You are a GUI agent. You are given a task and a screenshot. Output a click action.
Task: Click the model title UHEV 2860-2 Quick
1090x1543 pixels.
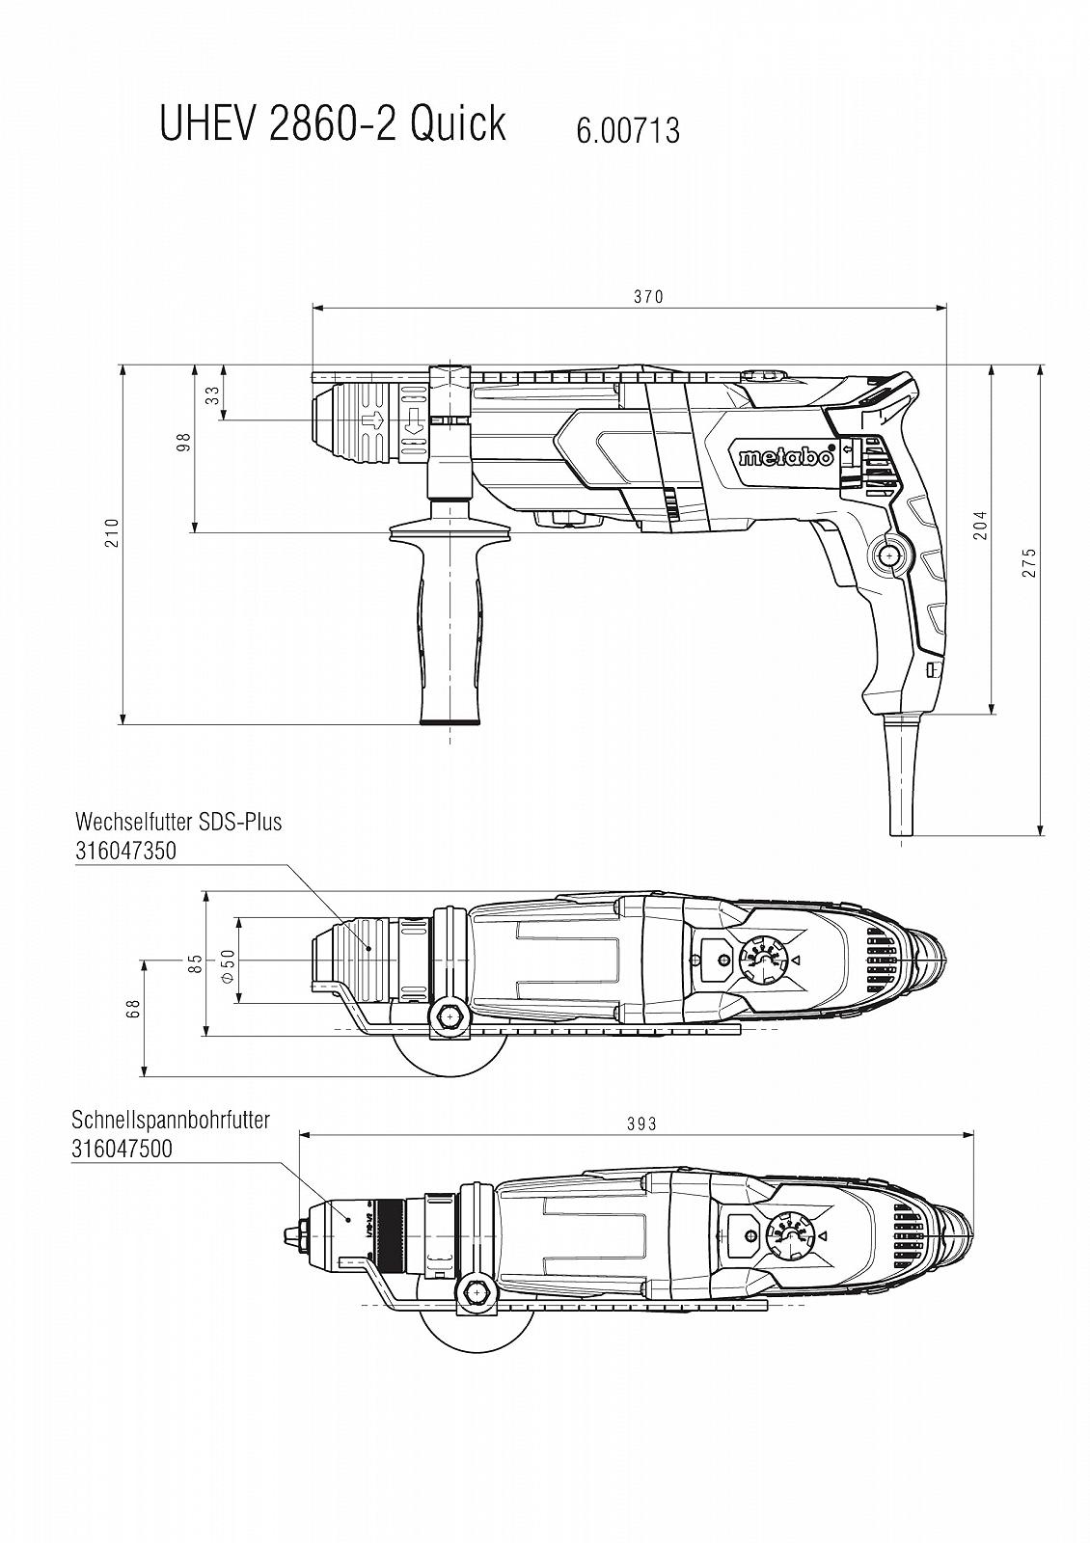[332, 124]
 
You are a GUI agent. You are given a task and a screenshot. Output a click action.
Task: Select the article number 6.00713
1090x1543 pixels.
[627, 130]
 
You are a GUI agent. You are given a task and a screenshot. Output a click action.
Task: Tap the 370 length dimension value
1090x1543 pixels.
[648, 297]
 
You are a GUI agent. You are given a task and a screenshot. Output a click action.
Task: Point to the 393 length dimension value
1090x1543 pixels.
[640, 1123]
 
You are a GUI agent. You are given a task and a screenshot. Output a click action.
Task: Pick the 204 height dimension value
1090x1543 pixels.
[980, 525]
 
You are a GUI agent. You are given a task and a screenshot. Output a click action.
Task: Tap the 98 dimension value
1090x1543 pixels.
[183, 442]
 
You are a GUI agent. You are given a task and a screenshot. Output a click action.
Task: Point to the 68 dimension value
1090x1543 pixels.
[133, 1008]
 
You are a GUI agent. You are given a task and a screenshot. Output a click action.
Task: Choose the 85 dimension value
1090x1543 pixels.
[196, 962]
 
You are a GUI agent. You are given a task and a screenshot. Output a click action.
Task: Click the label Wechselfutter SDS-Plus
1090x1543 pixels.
[178, 822]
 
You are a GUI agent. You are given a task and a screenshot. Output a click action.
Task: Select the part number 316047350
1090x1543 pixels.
[125, 851]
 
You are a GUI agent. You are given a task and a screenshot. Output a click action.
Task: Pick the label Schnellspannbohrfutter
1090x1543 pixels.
[171, 1120]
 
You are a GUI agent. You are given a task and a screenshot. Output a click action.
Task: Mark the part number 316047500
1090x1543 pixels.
[122, 1149]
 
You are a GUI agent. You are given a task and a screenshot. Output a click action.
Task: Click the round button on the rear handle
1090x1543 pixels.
[887, 556]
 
